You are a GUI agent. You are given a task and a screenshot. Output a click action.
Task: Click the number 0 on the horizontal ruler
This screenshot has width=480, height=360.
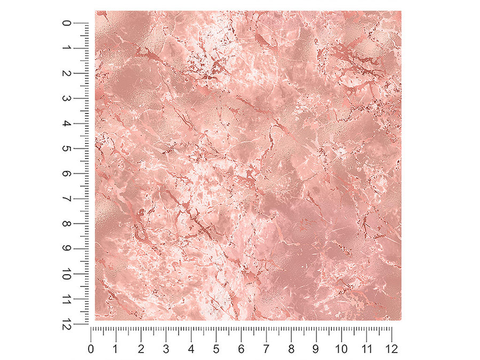click(91, 349)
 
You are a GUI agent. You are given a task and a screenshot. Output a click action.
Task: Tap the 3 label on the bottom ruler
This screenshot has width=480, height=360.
click(166, 349)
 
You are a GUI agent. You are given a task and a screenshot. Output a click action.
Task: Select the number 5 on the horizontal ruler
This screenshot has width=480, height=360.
click(216, 349)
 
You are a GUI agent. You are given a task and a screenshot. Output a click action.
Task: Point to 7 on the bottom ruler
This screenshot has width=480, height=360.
click(266, 349)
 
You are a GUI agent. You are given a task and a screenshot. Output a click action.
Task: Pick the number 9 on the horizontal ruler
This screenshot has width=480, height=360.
click(316, 349)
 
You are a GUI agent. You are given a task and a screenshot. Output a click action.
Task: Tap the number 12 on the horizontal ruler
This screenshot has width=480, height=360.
click(391, 349)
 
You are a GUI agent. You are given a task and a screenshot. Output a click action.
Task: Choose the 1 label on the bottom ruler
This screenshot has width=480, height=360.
click(116, 349)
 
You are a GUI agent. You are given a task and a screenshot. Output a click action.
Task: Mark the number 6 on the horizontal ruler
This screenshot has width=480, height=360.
click(241, 349)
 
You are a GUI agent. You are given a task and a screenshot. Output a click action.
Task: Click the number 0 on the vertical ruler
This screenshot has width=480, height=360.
click(67, 23)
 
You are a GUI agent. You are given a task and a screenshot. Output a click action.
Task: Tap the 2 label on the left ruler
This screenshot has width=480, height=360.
click(67, 74)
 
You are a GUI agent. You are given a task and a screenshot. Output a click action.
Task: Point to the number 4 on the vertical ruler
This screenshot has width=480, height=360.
click(67, 124)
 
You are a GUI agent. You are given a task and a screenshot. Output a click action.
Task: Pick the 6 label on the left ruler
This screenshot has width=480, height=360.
click(67, 174)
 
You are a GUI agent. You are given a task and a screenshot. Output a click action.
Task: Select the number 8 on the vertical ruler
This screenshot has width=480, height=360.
click(67, 224)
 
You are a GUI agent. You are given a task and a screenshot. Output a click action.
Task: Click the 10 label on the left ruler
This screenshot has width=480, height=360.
click(67, 274)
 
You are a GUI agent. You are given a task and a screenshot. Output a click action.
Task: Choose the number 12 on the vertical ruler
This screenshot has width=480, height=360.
click(67, 324)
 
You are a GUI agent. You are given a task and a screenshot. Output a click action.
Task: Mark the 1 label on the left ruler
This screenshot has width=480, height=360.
click(67, 49)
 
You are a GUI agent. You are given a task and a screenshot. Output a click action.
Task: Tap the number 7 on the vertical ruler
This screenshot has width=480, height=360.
click(67, 199)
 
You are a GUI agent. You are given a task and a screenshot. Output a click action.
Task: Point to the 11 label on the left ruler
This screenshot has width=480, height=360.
click(67, 299)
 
